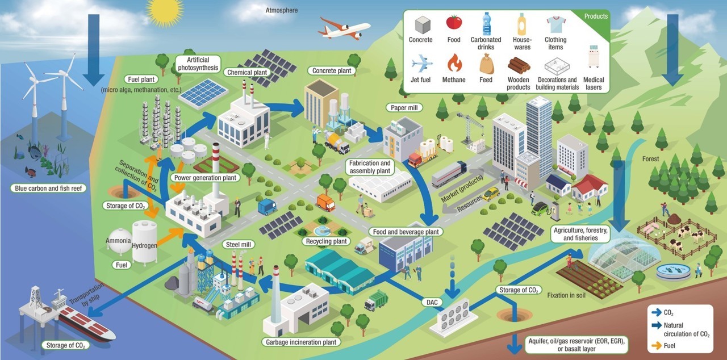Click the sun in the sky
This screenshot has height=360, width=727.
point(165,11)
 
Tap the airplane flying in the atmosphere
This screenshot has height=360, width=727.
point(344,28)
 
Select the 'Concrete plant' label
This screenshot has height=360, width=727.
point(332,71)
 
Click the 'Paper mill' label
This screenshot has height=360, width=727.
point(404,107)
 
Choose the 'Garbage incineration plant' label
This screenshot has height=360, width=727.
point(302,342)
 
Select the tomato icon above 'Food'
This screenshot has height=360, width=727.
point(453,22)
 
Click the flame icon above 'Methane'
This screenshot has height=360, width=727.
point(454,62)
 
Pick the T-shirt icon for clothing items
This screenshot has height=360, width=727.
point(555,24)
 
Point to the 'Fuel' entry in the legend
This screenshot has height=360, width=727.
point(676,345)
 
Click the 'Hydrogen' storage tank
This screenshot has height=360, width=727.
point(145,241)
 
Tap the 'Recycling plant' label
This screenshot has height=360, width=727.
point(326,242)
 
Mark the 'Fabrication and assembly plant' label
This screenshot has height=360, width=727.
point(370,167)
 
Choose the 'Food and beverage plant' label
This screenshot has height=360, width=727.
point(406,232)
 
